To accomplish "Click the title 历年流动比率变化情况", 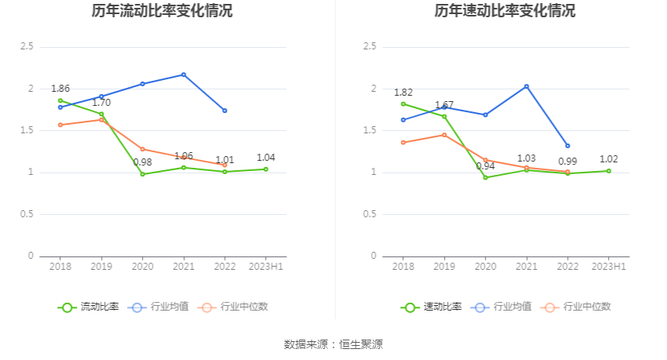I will pos(162,11).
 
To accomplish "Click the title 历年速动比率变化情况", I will pos(505,11).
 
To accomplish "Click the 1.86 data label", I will pos(60,89).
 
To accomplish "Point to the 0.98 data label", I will pos(142,162).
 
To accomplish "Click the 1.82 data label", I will pos(403,92).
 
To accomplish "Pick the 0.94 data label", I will pos(485,165).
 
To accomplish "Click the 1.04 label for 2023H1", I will pos(266,158).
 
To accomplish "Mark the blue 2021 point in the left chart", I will pos(184,75).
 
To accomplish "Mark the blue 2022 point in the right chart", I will pos(567,146).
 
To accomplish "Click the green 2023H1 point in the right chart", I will pos(608,171).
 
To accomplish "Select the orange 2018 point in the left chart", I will pos(60,125).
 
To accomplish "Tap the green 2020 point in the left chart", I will pos(143,174).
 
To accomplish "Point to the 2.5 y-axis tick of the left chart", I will pos(26,47).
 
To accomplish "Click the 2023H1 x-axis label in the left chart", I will pos(266,267).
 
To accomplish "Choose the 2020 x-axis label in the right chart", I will pos(485,267).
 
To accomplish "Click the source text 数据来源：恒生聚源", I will pos(333,344).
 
